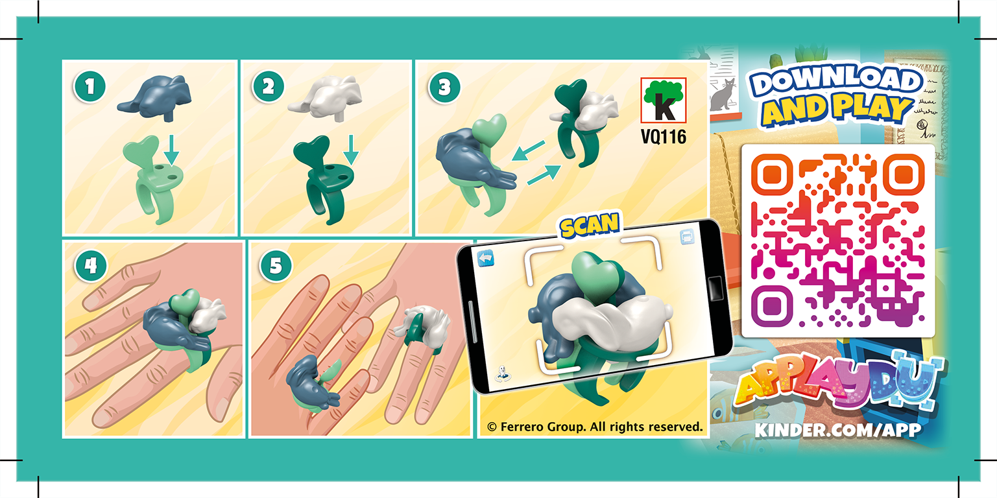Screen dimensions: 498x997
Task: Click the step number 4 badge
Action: pos(88,266)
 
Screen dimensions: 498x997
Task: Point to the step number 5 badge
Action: pos(273,266)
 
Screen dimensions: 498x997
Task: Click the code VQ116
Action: pos(663,137)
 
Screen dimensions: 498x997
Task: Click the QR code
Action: pos(837,241)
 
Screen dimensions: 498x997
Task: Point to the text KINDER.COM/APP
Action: pos(837,429)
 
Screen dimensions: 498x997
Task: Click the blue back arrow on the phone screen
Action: pos(485,259)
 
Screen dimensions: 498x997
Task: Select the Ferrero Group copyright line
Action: pos(595,427)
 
